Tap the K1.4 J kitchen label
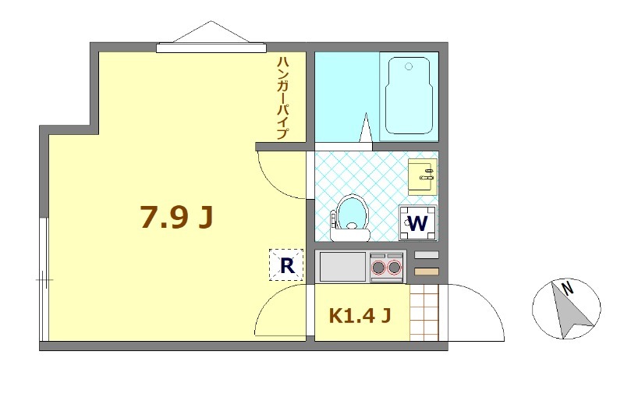pos(360,316)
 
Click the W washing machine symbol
pos(418,223)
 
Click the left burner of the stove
pos(380,268)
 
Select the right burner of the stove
pos(395,268)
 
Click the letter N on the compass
pos(569,288)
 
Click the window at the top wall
pos(211,48)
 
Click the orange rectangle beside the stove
pos(427,271)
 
